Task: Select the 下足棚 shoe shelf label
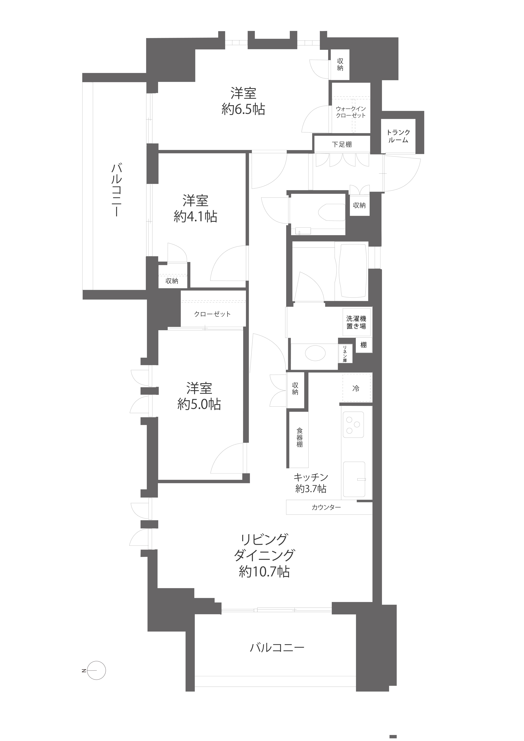pyautogui.click(x=342, y=144)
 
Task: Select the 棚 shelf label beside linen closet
pyautogui.click(x=363, y=345)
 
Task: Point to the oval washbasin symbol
pyautogui.click(x=315, y=353)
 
